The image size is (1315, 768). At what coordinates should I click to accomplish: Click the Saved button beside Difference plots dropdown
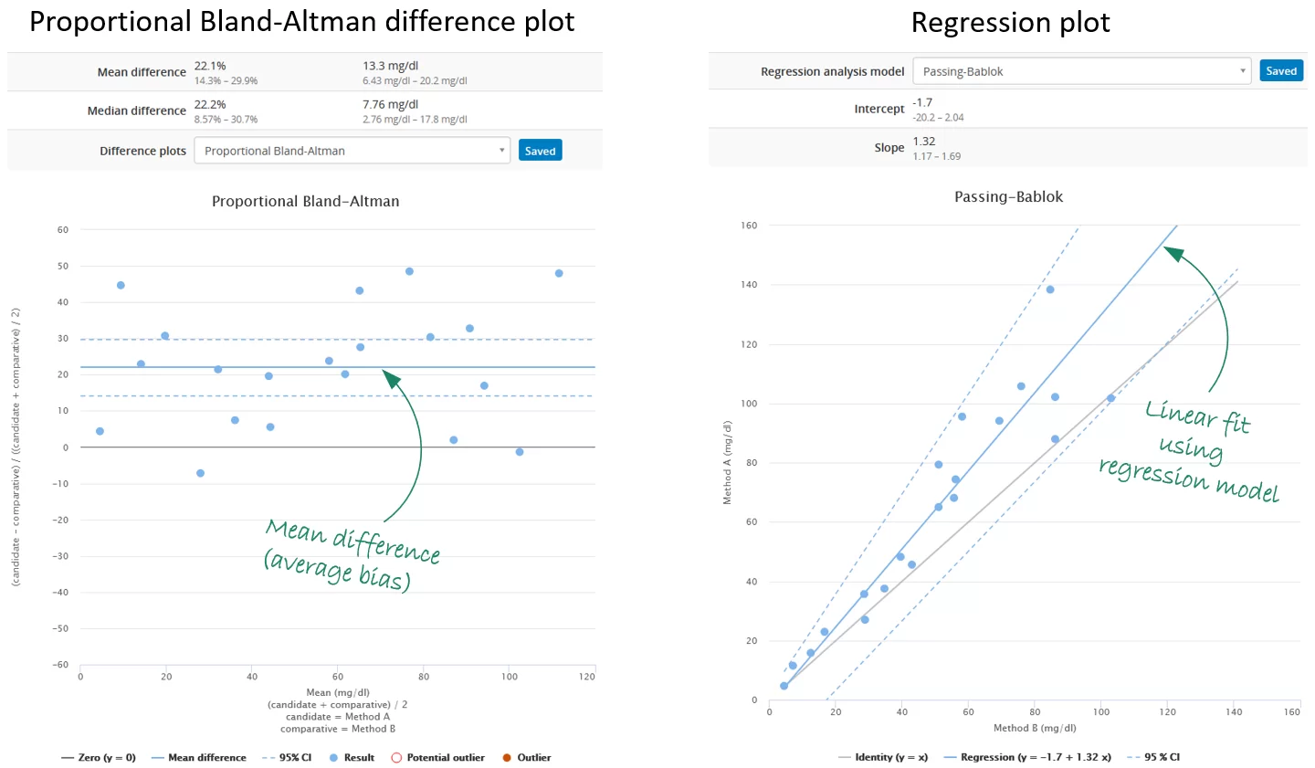[540, 151]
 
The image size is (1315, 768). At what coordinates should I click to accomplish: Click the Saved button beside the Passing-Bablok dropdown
[1280, 71]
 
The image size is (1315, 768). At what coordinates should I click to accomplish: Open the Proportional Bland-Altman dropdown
[352, 151]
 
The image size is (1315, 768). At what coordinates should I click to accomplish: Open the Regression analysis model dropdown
[1083, 71]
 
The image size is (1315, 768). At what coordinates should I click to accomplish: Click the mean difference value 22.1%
[210, 66]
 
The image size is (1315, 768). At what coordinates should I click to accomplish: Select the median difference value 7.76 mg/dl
[390, 104]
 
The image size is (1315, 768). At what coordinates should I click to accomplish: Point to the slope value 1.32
[924, 142]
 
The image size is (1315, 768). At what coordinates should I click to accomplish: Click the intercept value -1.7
[922, 102]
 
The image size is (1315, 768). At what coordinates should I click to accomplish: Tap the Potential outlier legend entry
[437, 757]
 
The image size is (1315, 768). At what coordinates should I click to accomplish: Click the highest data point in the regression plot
[1050, 289]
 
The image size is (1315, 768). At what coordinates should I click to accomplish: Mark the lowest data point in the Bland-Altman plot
[200, 473]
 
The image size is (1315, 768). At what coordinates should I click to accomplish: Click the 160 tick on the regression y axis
[749, 226]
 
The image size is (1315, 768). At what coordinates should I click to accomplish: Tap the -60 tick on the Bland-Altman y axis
[60, 665]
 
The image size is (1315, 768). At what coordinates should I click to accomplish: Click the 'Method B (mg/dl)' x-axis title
[1035, 728]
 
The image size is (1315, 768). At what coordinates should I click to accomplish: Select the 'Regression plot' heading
[1010, 23]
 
